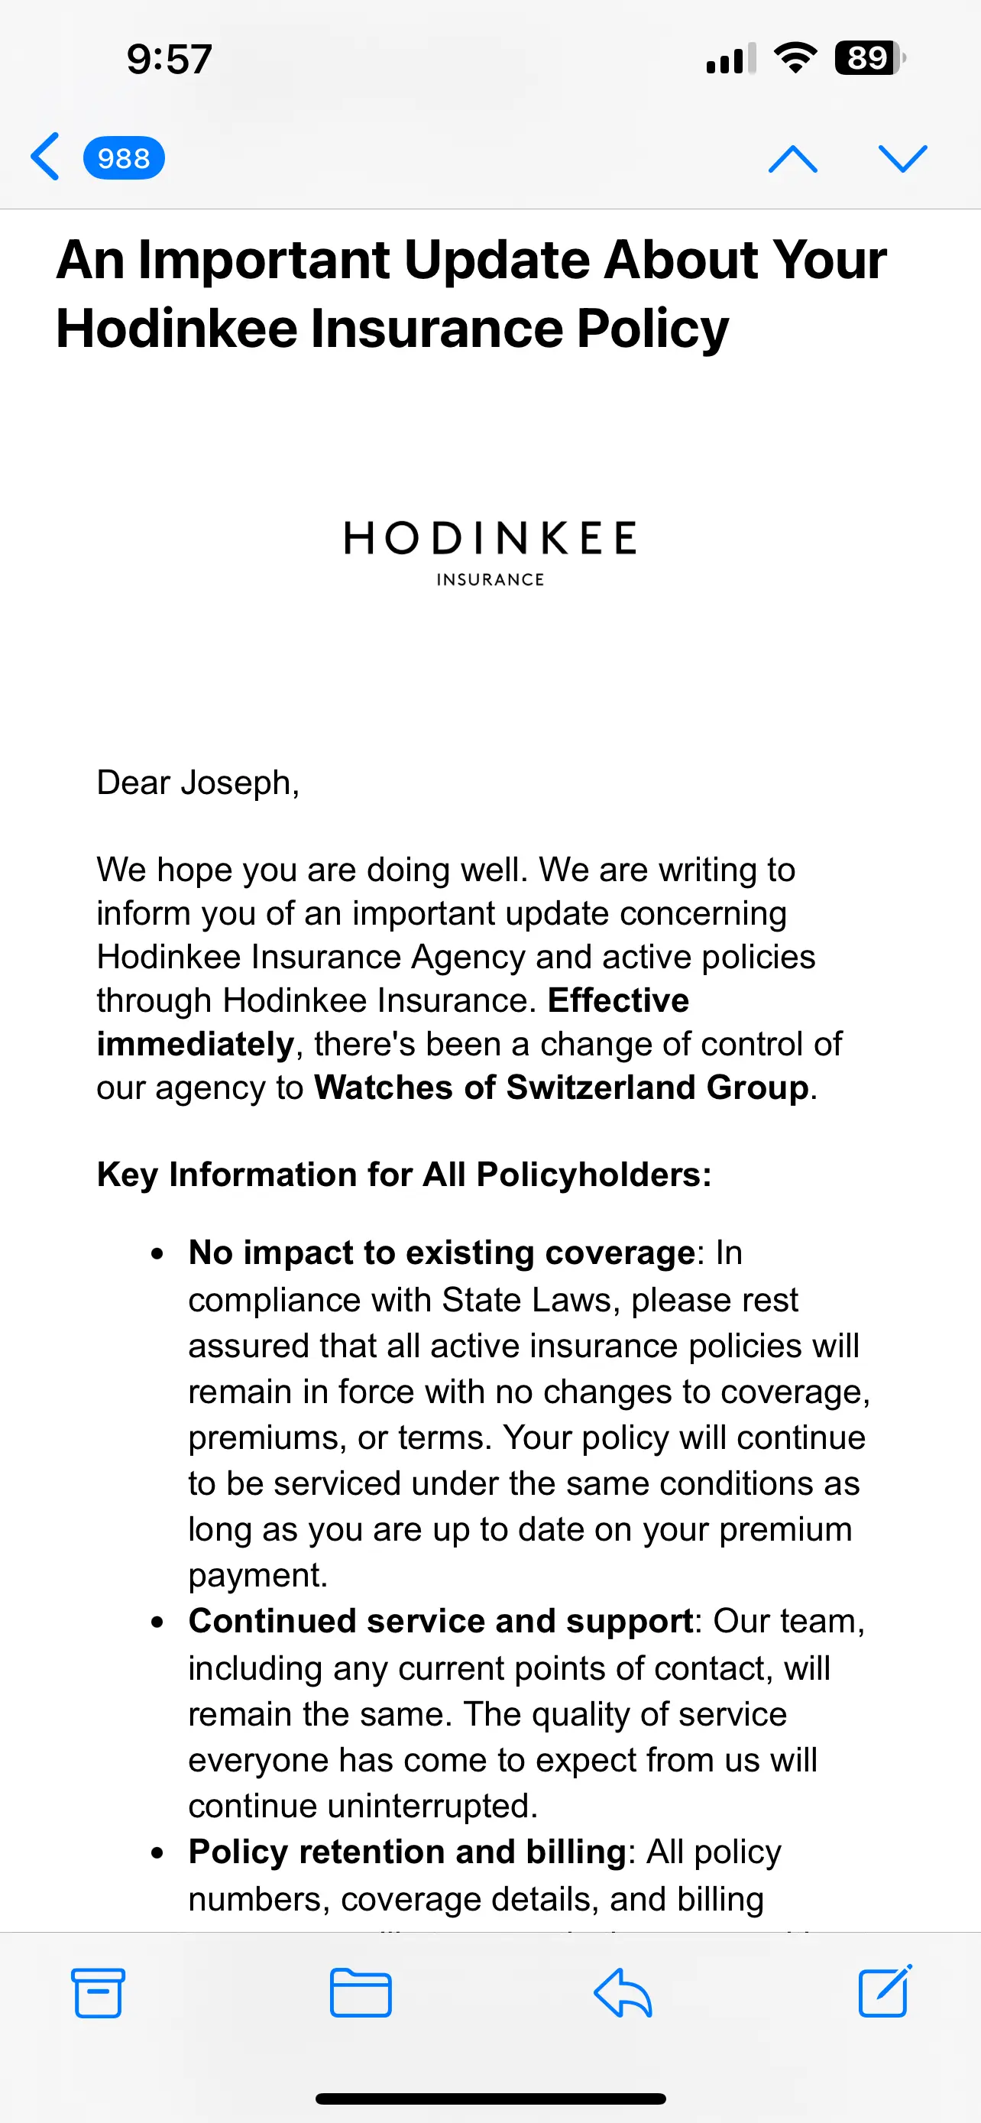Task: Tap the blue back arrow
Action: point(45,157)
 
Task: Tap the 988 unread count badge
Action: point(124,157)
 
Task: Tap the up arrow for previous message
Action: point(792,158)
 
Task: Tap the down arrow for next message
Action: point(903,158)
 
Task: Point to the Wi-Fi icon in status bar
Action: point(795,57)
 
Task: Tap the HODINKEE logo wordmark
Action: point(490,538)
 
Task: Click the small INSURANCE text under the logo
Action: point(490,579)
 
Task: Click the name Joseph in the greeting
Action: point(239,783)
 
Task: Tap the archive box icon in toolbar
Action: point(98,1993)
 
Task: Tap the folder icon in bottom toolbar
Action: point(360,1993)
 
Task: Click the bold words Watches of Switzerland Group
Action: point(562,1088)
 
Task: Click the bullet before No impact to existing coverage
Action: point(157,1254)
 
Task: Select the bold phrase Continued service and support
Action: point(441,1621)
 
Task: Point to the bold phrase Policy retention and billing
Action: point(408,1852)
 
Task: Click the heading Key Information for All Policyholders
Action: point(403,1175)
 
